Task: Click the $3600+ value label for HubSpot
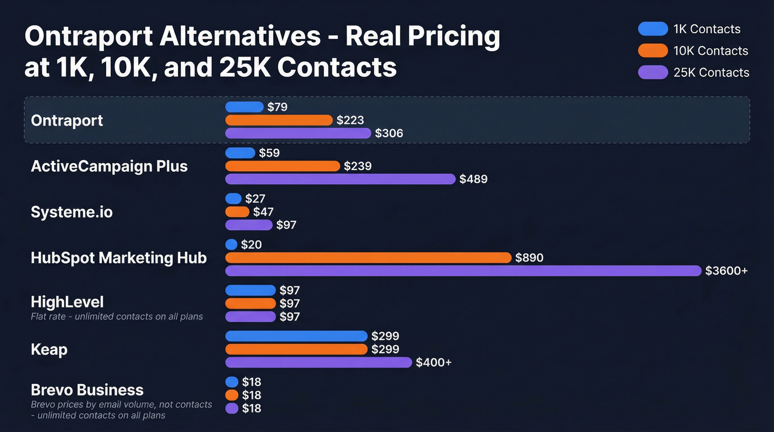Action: tap(726, 271)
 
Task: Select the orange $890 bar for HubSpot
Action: tap(368, 258)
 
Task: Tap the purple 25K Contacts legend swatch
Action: tap(653, 72)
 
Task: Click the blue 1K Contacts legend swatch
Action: tap(653, 29)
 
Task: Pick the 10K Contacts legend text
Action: tap(710, 51)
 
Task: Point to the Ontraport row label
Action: tap(67, 121)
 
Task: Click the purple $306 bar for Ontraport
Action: tap(298, 133)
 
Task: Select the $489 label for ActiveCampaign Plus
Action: tap(473, 179)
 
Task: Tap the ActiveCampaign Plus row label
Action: tap(109, 166)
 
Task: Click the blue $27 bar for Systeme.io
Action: tap(233, 199)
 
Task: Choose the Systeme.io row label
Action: tap(71, 212)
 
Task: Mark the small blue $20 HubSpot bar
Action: tap(232, 244)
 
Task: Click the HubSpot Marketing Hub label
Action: tap(119, 258)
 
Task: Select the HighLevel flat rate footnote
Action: tap(117, 317)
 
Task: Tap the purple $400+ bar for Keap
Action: tap(318, 362)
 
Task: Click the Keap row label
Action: tap(49, 350)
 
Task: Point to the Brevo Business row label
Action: tap(87, 390)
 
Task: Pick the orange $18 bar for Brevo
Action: tap(232, 395)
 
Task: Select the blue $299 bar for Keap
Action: tap(296, 336)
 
